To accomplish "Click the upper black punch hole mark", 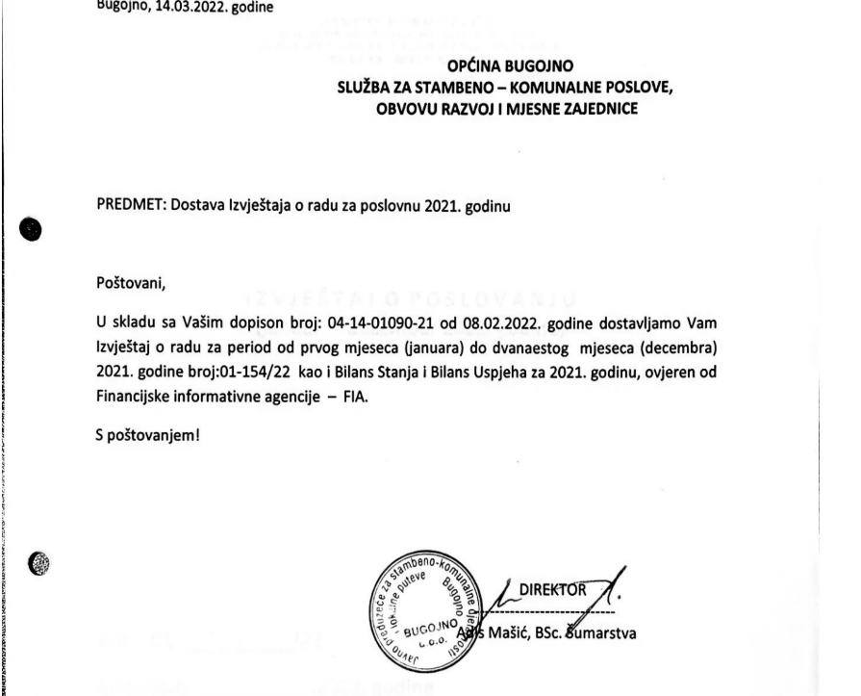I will click(32, 228).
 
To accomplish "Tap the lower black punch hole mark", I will click(32, 569).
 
